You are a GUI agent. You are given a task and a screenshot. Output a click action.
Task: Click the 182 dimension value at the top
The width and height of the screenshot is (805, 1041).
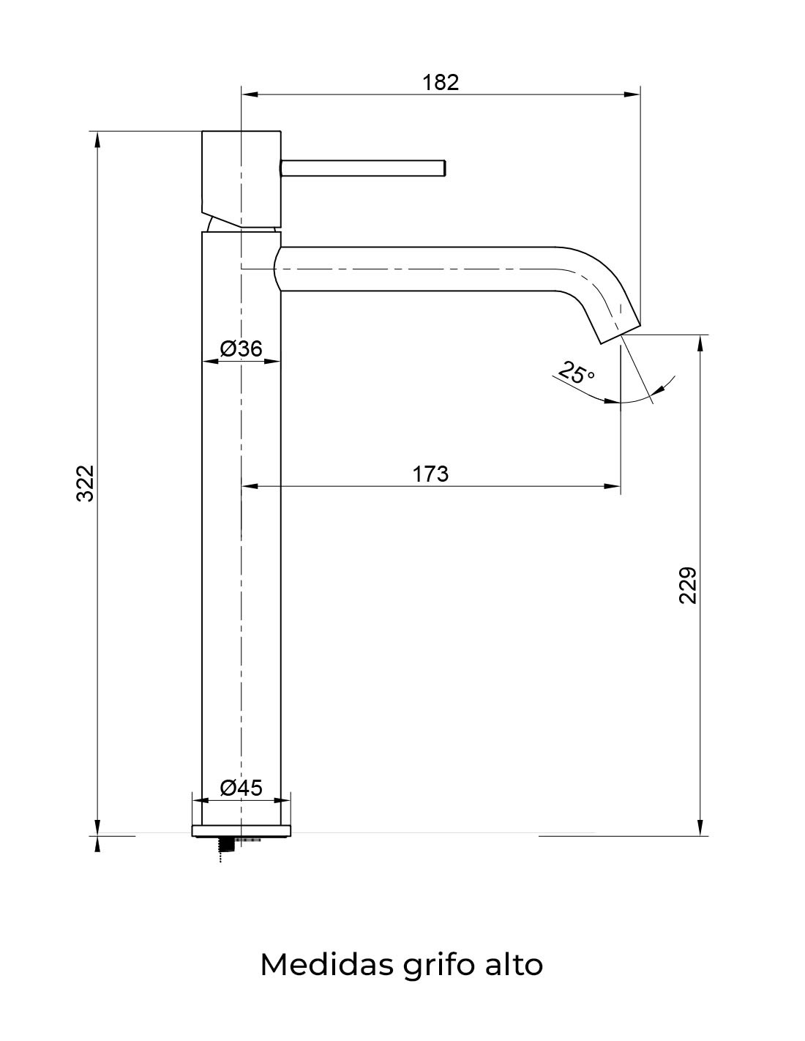[x=441, y=82]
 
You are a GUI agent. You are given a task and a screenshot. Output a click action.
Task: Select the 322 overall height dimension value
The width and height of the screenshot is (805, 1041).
[x=86, y=483]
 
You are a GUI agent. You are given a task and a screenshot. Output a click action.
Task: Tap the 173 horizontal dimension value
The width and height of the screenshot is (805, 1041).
[x=430, y=474]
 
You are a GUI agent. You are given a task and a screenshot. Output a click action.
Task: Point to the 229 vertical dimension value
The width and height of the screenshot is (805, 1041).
[x=688, y=584]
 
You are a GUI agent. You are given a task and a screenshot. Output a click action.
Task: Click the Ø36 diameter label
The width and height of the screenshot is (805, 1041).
[x=241, y=348]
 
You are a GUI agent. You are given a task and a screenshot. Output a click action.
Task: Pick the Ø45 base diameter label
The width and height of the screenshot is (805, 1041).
[x=241, y=788]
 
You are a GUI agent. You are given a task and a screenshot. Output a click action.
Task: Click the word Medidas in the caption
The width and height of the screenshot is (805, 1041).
[x=326, y=965]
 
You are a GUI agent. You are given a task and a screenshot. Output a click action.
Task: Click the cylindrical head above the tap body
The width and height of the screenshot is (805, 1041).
[x=241, y=176]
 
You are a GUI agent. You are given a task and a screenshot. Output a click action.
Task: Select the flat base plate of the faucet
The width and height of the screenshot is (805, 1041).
[x=241, y=830]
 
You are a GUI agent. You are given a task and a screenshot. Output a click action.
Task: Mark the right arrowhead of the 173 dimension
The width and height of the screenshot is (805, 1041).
[x=613, y=486]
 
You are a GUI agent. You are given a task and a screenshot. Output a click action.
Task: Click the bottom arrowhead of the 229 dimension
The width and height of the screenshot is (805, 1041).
[x=701, y=827]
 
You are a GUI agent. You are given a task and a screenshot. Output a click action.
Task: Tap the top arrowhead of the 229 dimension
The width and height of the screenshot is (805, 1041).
[x=701, y=343]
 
